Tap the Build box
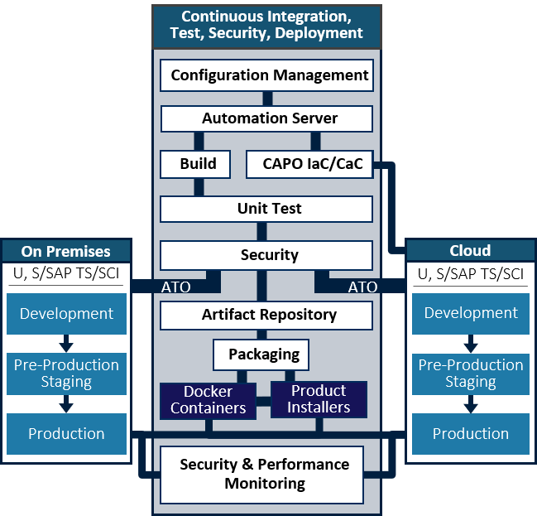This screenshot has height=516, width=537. coord(198,164)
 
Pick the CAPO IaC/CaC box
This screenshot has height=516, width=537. coord(312,164)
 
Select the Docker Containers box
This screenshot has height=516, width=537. coord(208,399)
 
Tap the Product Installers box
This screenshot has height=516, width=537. coord(319,399)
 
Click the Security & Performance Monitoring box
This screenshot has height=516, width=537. coord(264,474)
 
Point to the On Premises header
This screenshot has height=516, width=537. coord(66,251)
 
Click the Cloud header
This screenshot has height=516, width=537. coord(470,251)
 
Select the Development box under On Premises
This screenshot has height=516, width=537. coord(66,314)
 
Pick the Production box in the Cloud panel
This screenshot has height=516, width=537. coord(470,434)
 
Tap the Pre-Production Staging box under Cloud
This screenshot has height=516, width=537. coord(470,374)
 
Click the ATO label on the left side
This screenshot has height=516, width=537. coord(175,287)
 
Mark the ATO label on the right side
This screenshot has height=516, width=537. coord(362,287)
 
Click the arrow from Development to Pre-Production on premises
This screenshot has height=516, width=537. coord(66,342)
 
